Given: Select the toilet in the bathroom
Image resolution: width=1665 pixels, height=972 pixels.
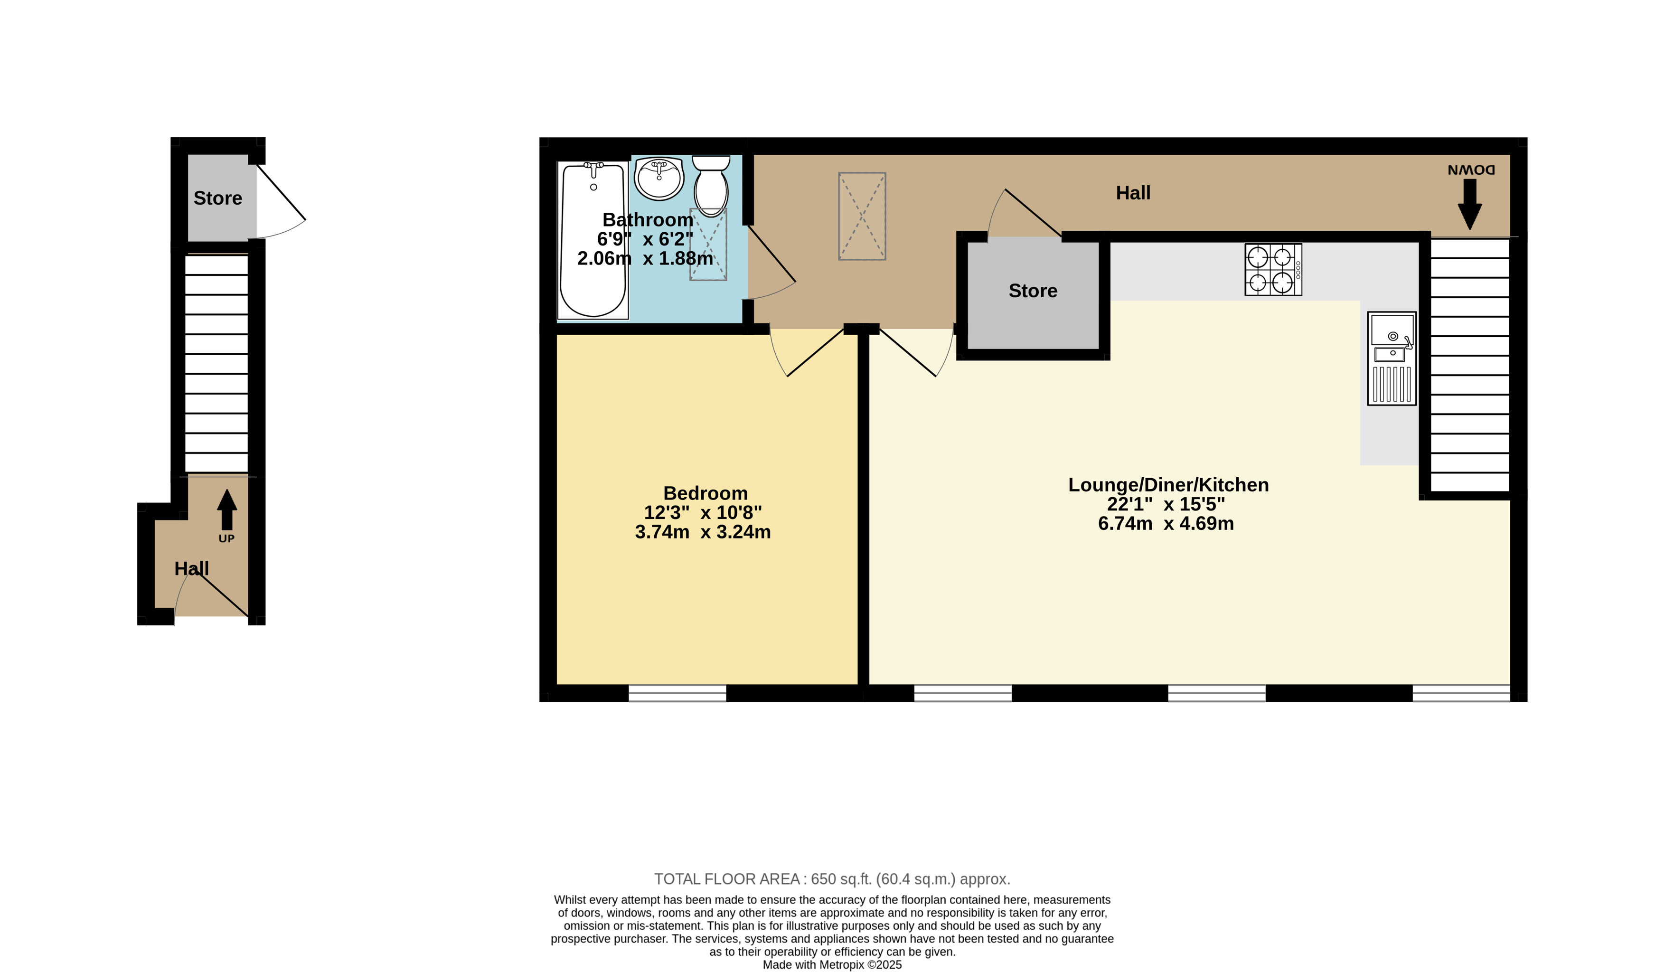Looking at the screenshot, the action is pyautogui.click(x=711, y=186).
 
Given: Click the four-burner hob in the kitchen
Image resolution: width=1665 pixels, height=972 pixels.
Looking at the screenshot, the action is pyautogui.click(x=1273, y=270).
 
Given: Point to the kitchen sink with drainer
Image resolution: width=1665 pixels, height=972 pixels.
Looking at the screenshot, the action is pyautogui.click(x=1392, y=358).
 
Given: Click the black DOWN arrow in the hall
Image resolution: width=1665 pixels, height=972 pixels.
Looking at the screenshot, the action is pyautogui.click(x=1469, y=205).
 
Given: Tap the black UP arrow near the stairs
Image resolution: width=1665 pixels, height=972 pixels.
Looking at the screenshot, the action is pyautogui.click(x=226, y=510).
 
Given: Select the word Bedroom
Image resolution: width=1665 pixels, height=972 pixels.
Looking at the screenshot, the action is pyautogui.click(x=705, y=494).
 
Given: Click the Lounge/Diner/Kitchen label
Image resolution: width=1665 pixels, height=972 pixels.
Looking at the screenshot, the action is pyautogui.click(x=1168, y=485).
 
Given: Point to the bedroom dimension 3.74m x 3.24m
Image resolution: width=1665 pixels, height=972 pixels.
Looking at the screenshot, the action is pyautogui.click(x=702, y=532).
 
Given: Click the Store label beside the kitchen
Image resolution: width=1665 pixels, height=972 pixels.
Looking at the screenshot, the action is pyautogui.click(x=1033, y=291).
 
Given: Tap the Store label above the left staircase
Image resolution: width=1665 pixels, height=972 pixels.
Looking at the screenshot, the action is pyautogui.click(x=217, y=198).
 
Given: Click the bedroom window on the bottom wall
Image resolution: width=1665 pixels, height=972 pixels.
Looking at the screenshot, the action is pyautogui.click(x=677, y=693).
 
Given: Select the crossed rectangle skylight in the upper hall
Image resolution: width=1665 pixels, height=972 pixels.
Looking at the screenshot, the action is pyautogui.click(x=862, y=216).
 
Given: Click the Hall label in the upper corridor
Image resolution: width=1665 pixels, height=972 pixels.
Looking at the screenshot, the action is pyautogui.click(x=1133, y=193).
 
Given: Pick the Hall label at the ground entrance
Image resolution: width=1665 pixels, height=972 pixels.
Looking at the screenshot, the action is pyautogui.click(x=192, y=569).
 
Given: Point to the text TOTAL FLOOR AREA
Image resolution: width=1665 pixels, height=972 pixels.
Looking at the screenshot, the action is pyautogui.click(x=727, y=879).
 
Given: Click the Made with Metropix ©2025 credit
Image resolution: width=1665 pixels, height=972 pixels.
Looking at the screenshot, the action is pyautogui.click(x=832, y=965).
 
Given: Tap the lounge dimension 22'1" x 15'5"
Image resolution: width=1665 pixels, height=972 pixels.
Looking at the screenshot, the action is pyautogui.click(x=1166, y=504).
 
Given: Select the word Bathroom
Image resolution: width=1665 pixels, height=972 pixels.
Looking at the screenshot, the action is pyautogui.click(x=648, y=220).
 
